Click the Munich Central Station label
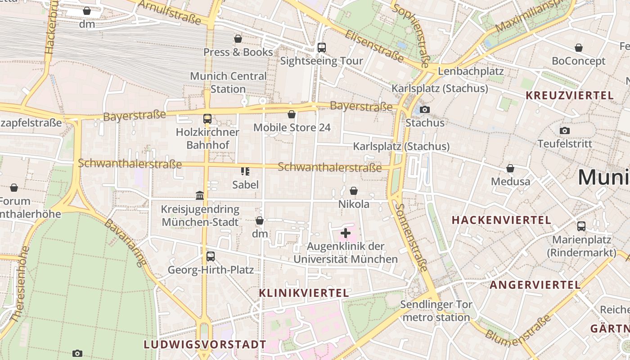pyautogui.click(x=228, y=82)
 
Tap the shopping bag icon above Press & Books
pyautogui.click(x=238, y=39)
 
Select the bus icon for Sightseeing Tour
pyautogui.click(x=321, y=48)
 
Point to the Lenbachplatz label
pyautogui.click(x=470, y=71)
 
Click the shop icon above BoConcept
pyautogui.click(x=579, y=48)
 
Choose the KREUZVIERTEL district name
pyautogui.click(x=569, y=95)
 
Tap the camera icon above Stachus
pyautogui.click(x=424, y=109)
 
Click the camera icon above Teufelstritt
pyautogui.click(x=565, y=131)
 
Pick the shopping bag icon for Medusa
pyautogui.click(x=510, y=169)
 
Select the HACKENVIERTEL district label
pyautogui.click(x=501, y=220)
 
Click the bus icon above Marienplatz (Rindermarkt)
pyautogui.click(x=581, y=226)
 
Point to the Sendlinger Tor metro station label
pyautogui.click(x=436, y=311)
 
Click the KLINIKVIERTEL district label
pyautogui.click(x=304, y=293)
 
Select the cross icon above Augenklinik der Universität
pyautogui.click(x=346, y=233)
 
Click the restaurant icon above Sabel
pyautogui.click(x=245, y=171)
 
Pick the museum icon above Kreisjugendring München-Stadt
pyautogui.click(x=200, y=196)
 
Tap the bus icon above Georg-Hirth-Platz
pyautogui.click(x=210, y=256)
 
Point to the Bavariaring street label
pyautogui.click(x=126, y=243)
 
